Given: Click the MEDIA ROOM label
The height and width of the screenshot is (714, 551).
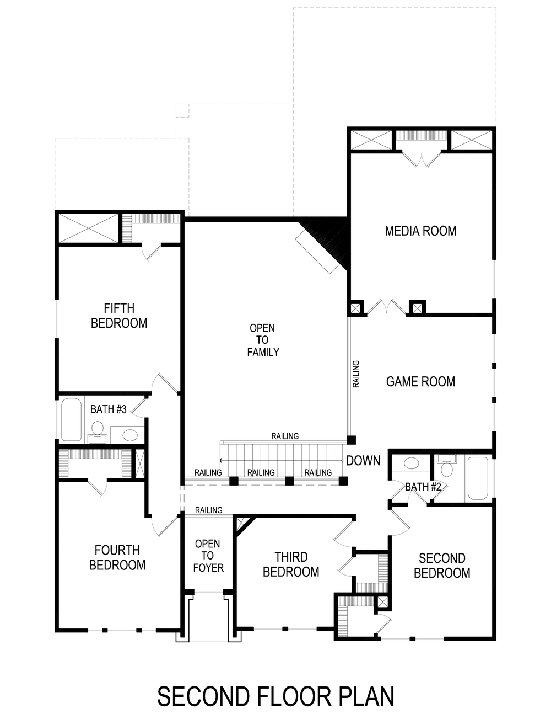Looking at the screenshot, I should point(420,231).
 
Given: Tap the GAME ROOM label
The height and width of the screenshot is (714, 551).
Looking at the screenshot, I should point(420,381).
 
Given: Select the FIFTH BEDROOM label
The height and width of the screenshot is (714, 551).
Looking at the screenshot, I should point(119,316).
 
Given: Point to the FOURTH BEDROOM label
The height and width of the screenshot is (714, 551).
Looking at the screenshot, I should point(117,557).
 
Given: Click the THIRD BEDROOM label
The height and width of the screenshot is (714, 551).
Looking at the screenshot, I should point(291,564).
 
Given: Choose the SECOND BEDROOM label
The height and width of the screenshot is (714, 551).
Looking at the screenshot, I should point(442,566).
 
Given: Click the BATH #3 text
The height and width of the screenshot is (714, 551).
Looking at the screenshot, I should point(109,409).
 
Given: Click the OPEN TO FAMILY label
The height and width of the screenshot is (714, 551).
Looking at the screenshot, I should point(263,340).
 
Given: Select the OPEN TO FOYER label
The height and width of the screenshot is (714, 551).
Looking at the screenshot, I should point(207,556).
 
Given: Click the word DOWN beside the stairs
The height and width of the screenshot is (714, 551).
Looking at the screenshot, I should point(363,461).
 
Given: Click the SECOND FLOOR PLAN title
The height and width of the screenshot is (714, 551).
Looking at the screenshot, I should point(275,696).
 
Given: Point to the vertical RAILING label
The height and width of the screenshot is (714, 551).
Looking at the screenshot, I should point(356,374).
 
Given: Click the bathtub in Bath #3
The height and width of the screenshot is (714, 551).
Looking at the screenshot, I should point(71,420).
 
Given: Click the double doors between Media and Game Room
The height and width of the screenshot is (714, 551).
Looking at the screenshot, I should point(387,307).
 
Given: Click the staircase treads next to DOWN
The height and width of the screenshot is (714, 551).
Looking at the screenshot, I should point(281,460).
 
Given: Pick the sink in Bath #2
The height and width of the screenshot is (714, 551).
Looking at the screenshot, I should point(410,463).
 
